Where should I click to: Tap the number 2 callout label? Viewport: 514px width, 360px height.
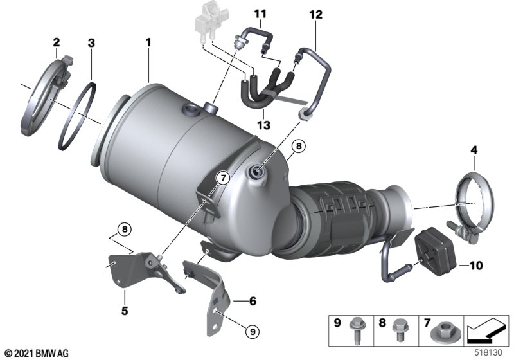pyautogui.click(x=56, y=43)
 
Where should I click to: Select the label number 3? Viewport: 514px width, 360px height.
pyautogui.click(x=91, y=43)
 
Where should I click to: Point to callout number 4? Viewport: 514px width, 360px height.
pyautogui.click(x=474, y=150)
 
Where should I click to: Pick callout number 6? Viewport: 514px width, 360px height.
pyautogui.click(x=252, y=300)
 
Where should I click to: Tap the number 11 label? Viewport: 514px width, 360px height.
pyautogui.click(x=259, y=14)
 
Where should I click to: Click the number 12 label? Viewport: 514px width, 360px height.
pyautogui.click(x=315, y=14)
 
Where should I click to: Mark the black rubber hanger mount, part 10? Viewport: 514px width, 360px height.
pyautogui.click(x=436, y=254)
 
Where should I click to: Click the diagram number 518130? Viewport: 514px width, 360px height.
pyautogui.click(x=490, y=353)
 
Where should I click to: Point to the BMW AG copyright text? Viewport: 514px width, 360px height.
pyautogui.click(x=36, y=353)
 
